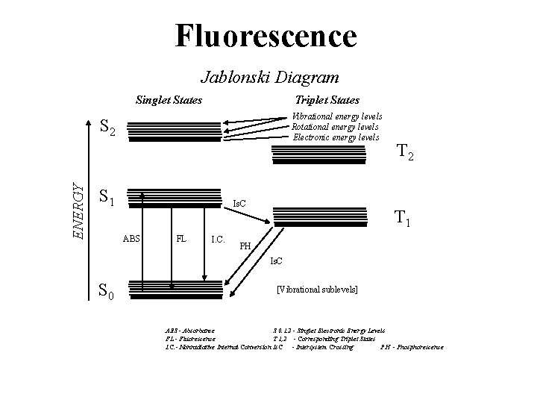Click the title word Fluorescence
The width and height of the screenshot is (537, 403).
pos(266,35)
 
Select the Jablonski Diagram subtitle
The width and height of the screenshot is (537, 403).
pos(270,77)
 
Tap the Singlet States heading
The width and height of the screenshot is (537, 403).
pos(169,99)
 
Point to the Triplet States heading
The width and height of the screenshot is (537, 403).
pos(327,99)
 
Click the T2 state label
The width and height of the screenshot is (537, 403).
pos(406,153)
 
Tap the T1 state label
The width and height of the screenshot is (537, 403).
pos(403,219)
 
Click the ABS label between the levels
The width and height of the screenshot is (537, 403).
pos(131,239)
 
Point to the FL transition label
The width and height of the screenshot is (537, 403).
pos(180,239)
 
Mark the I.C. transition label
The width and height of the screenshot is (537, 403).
pos(219,239)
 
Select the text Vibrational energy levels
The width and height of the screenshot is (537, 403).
pos(337,116)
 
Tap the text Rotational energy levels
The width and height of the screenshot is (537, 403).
pos(335,127)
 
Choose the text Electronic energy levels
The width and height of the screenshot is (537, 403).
pos(336,137)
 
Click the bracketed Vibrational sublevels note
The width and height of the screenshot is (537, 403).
pos(317,289)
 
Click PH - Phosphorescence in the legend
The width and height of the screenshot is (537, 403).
pos(412,347)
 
